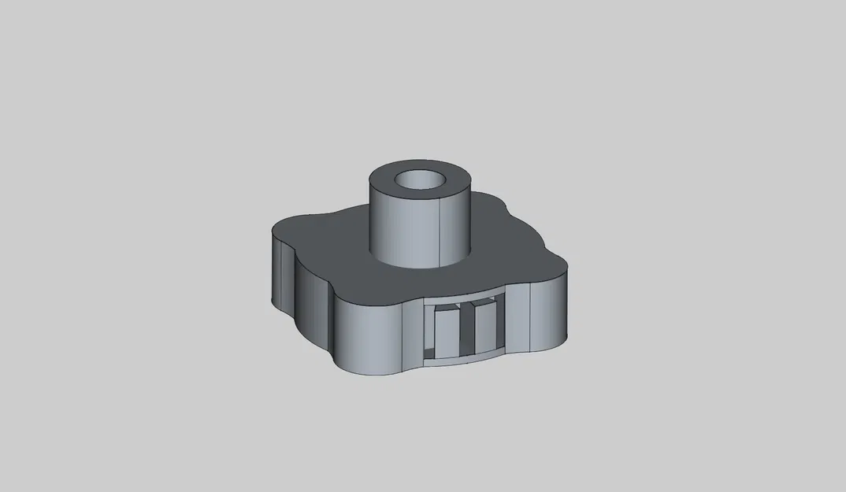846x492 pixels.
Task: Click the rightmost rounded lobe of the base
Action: click(x=551, y=311)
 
